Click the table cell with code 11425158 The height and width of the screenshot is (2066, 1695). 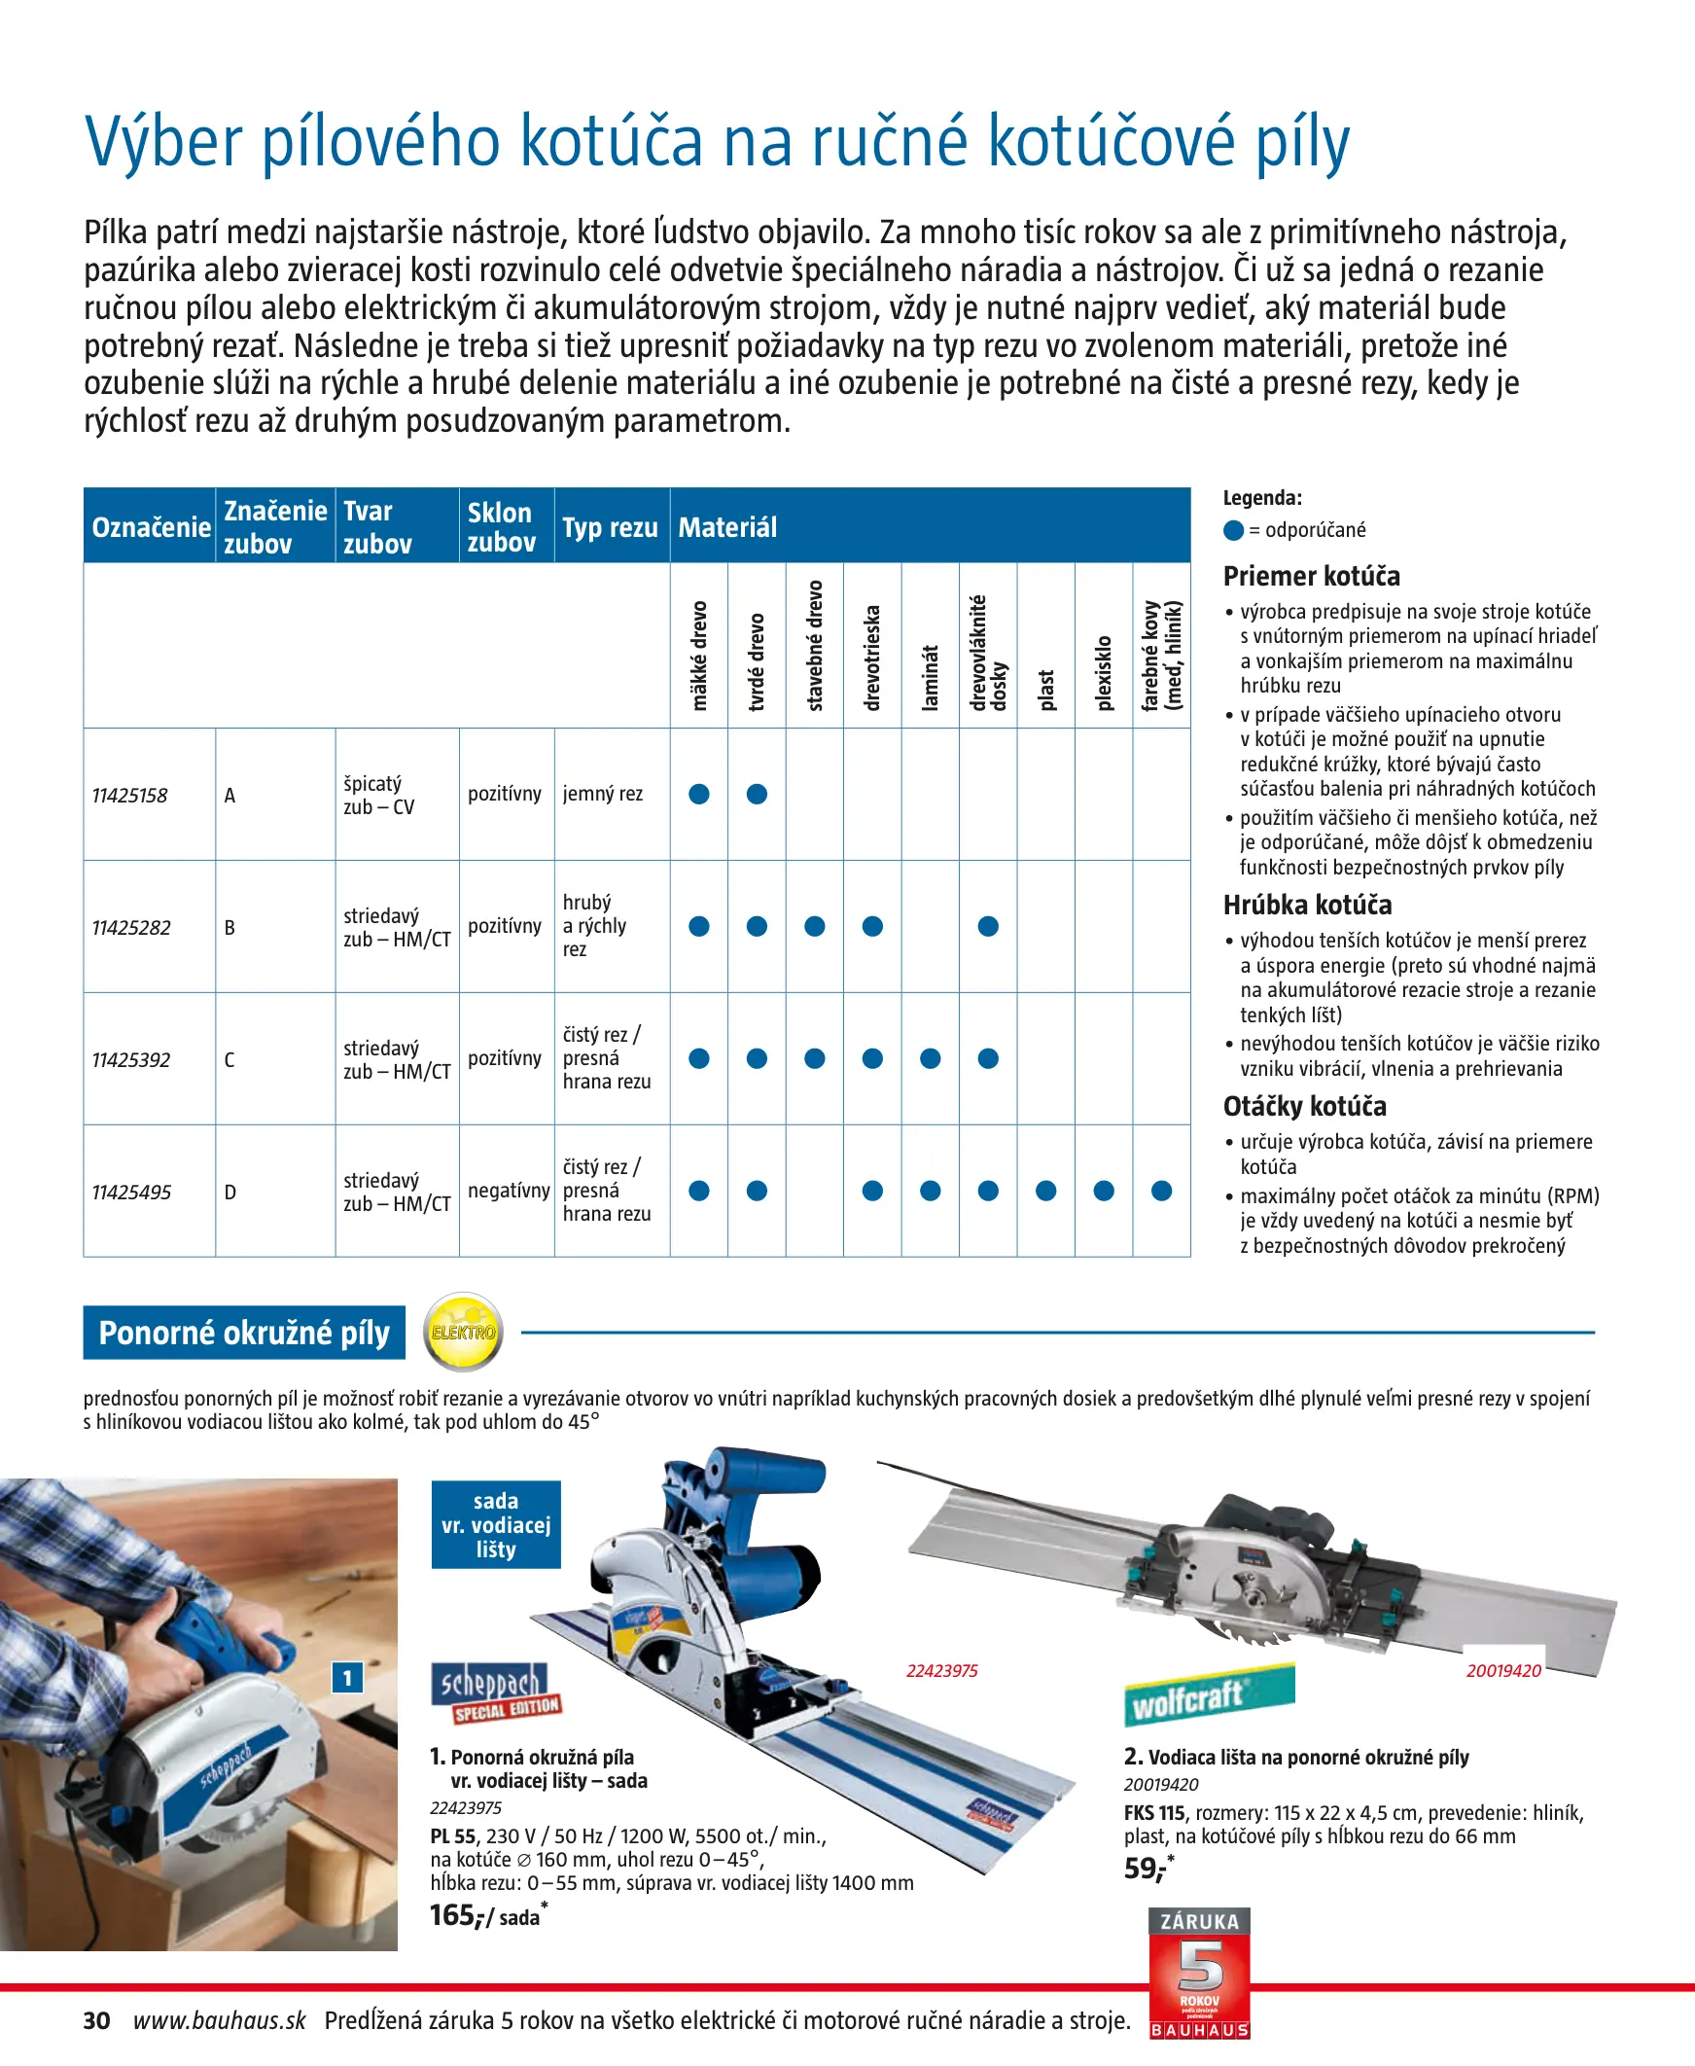pos(130,796)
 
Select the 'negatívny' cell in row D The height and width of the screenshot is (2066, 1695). pos(508,1191)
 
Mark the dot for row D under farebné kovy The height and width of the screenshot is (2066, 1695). pos(1161,1191)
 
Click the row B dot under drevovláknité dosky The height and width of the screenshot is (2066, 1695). pos(988,926)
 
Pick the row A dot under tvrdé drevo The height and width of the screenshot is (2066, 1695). pos(757,794)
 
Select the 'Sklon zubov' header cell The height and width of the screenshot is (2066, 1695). pos(501,527)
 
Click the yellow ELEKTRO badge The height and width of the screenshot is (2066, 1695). pos(464,1332)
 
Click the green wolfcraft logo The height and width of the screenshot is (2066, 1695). pos(1209,1697)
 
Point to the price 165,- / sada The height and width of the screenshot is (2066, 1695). pos(486,1915)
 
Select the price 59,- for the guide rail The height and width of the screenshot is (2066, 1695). pos(1148,1868)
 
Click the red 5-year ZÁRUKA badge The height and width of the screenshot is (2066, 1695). pos(1199,1973)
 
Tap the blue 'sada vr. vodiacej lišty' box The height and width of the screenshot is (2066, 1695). pos(496,1525)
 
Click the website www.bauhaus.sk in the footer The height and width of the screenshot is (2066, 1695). pos(220,2020)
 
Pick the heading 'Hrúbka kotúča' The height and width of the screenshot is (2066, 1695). pos(1307,906)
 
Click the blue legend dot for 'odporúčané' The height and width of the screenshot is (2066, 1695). pos(1233,530)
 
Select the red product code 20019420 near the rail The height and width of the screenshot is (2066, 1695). pos(1503,1670)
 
